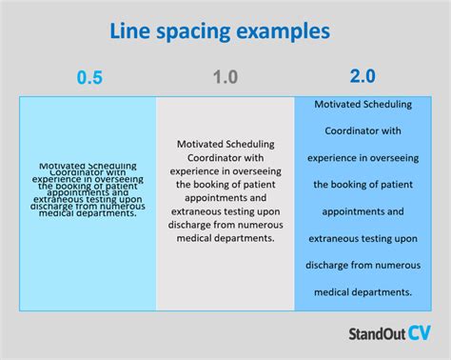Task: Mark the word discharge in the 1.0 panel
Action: click(191, 225)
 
